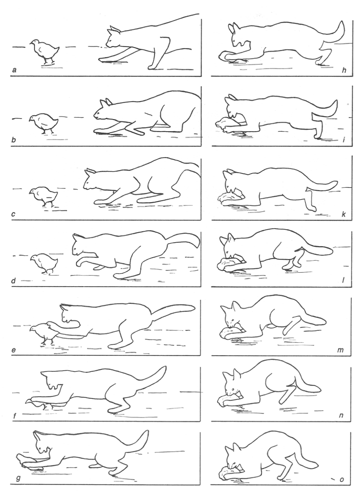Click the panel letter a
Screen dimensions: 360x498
point(14,70)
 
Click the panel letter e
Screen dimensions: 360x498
point(14,351)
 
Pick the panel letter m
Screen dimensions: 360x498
point(341,350)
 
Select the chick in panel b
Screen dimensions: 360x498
point(44,124)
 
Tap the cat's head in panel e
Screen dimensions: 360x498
point(70,314)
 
